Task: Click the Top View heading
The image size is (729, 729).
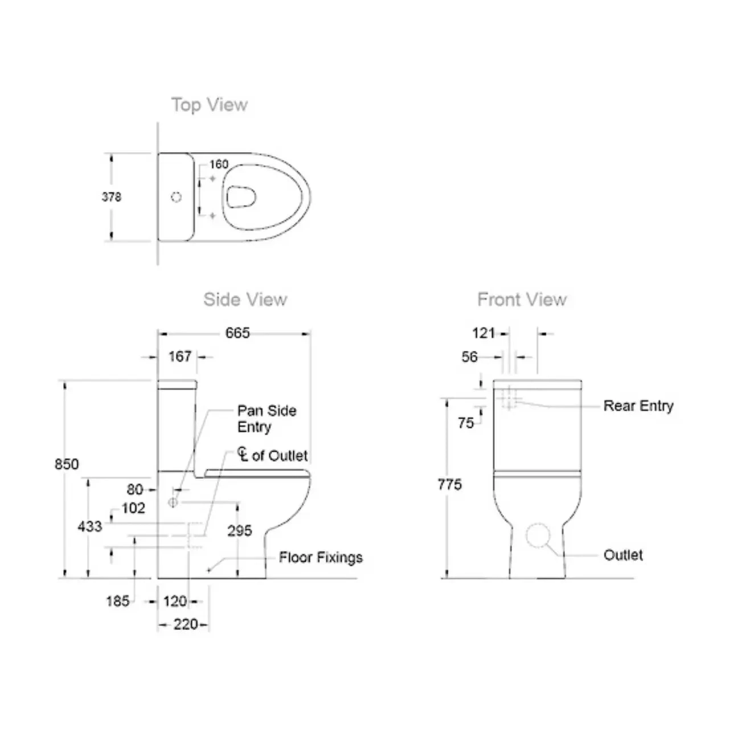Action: [209, 105]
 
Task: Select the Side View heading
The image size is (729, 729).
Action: [245, 300]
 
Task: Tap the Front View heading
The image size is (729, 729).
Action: [522, 300]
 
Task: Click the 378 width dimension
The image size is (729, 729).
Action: [111, 197]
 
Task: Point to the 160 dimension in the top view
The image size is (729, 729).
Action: [219, 165]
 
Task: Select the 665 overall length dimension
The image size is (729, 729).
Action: [237, 333]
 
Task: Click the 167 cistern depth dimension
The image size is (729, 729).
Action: [180, 357]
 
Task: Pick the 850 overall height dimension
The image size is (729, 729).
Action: [66, 464]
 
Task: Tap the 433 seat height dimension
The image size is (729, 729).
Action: [89, 526]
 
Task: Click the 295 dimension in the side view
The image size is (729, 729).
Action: [239, 531]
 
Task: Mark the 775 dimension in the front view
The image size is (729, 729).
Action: [449, 485]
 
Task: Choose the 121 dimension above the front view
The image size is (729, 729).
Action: [484, 333]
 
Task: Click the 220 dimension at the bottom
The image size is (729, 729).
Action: [186, 625]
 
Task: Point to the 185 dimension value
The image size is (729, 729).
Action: [117, 601]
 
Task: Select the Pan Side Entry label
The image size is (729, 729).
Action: [267, 419]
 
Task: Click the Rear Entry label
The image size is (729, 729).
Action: [638, 406]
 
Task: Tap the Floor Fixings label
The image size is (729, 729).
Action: [321, 558]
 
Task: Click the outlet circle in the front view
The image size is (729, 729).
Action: [538, 536]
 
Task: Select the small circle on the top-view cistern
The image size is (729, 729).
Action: [177, 197]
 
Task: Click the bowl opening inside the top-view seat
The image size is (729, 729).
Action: [240, 197]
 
